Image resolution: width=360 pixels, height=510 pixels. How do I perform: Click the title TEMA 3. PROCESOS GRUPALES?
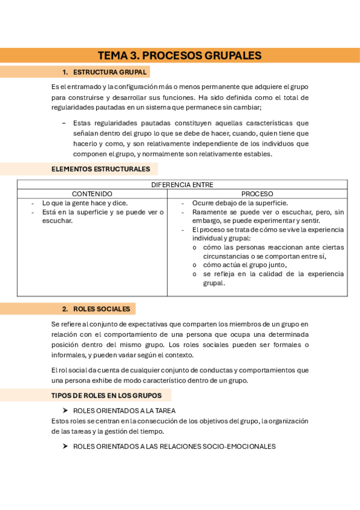click(180, 56)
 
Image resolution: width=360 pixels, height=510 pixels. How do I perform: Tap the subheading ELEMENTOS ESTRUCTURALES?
click(100, 169)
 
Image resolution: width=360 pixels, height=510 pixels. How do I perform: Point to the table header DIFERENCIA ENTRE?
click(182, 185)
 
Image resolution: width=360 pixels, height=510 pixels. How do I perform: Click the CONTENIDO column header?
click(92, 194)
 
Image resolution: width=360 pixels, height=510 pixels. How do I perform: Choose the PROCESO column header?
click(257, 194)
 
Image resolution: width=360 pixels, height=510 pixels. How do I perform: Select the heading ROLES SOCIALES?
click(102, 309)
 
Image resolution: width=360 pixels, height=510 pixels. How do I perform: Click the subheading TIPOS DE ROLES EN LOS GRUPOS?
click(106, 396)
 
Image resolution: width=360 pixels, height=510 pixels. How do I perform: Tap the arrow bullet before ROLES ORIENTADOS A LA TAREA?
click(66, 411)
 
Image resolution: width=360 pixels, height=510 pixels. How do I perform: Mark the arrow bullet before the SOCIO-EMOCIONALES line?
click(66, 446)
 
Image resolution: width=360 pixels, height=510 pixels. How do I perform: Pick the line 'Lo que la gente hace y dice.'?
click(85, 203)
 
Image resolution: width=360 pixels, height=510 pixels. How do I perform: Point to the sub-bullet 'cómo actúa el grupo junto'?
click(245, 265)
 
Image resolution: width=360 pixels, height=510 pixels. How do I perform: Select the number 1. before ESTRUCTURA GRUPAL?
click(66, 72)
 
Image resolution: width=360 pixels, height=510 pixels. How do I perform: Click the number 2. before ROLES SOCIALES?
click(66, 309)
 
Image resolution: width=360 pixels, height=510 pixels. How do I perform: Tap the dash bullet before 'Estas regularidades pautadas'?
click(64, 123)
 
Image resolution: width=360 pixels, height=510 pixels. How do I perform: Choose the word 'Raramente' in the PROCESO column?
click(210, 212)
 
